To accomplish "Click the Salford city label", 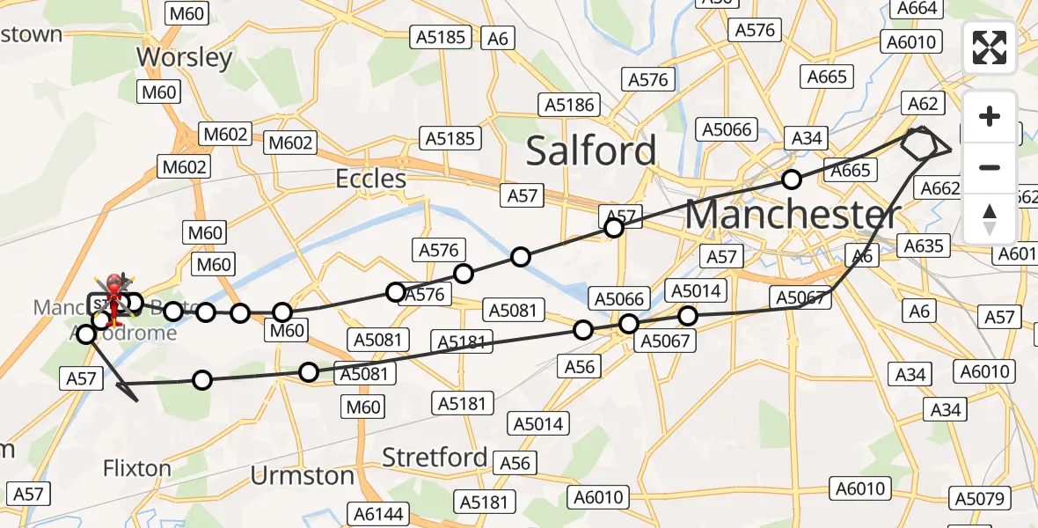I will coord(591,150).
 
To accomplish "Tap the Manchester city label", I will coord(793,214).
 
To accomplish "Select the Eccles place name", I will coord(371,179).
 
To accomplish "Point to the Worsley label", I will coord(185,57).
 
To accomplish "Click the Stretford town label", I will coord(435,458).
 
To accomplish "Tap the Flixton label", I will coord(137,467).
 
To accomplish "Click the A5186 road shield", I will coord(570,105).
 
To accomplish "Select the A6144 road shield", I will coord(379,513).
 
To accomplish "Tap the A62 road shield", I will coord(923,104).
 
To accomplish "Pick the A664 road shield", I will coord(918,9).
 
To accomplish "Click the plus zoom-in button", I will coord(990,116).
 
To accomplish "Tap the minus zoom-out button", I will coord(990,167).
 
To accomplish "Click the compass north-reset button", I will coord(990,218).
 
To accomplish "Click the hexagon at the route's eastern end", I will coord(919,143).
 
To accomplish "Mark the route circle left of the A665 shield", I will coord(792,180).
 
